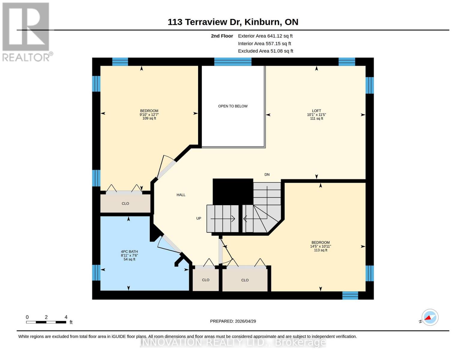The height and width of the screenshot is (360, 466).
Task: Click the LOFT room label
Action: [316, 111]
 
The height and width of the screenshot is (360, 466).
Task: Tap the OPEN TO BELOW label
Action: [233, 106]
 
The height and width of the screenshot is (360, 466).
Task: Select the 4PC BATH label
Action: [129, 252]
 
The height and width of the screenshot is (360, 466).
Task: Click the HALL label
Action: [181, 195]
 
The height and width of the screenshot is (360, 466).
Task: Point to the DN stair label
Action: [267, 175]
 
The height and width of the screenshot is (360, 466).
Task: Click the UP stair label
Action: [199, 218]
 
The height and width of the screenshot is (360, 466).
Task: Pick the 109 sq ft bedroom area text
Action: [149, 118]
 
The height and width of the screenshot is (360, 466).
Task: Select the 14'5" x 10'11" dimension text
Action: [320, 246]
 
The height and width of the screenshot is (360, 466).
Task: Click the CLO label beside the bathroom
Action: [206, 280]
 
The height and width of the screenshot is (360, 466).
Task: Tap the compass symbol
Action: [430, 317]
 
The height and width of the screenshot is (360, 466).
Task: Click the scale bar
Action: [46, 322]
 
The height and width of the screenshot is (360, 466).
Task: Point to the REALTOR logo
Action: [26, 31]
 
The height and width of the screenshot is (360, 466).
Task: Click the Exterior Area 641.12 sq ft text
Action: [265, 36]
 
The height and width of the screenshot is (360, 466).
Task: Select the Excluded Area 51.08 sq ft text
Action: [266, 51]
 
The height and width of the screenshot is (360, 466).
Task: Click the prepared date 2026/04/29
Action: [233, 321]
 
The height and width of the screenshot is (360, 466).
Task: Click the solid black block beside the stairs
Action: [233, 191]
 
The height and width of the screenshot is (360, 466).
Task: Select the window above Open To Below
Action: [233, 62]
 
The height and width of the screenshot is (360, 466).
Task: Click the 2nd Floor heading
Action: [222, 36]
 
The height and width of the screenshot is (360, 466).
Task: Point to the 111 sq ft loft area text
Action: [316, 118]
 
